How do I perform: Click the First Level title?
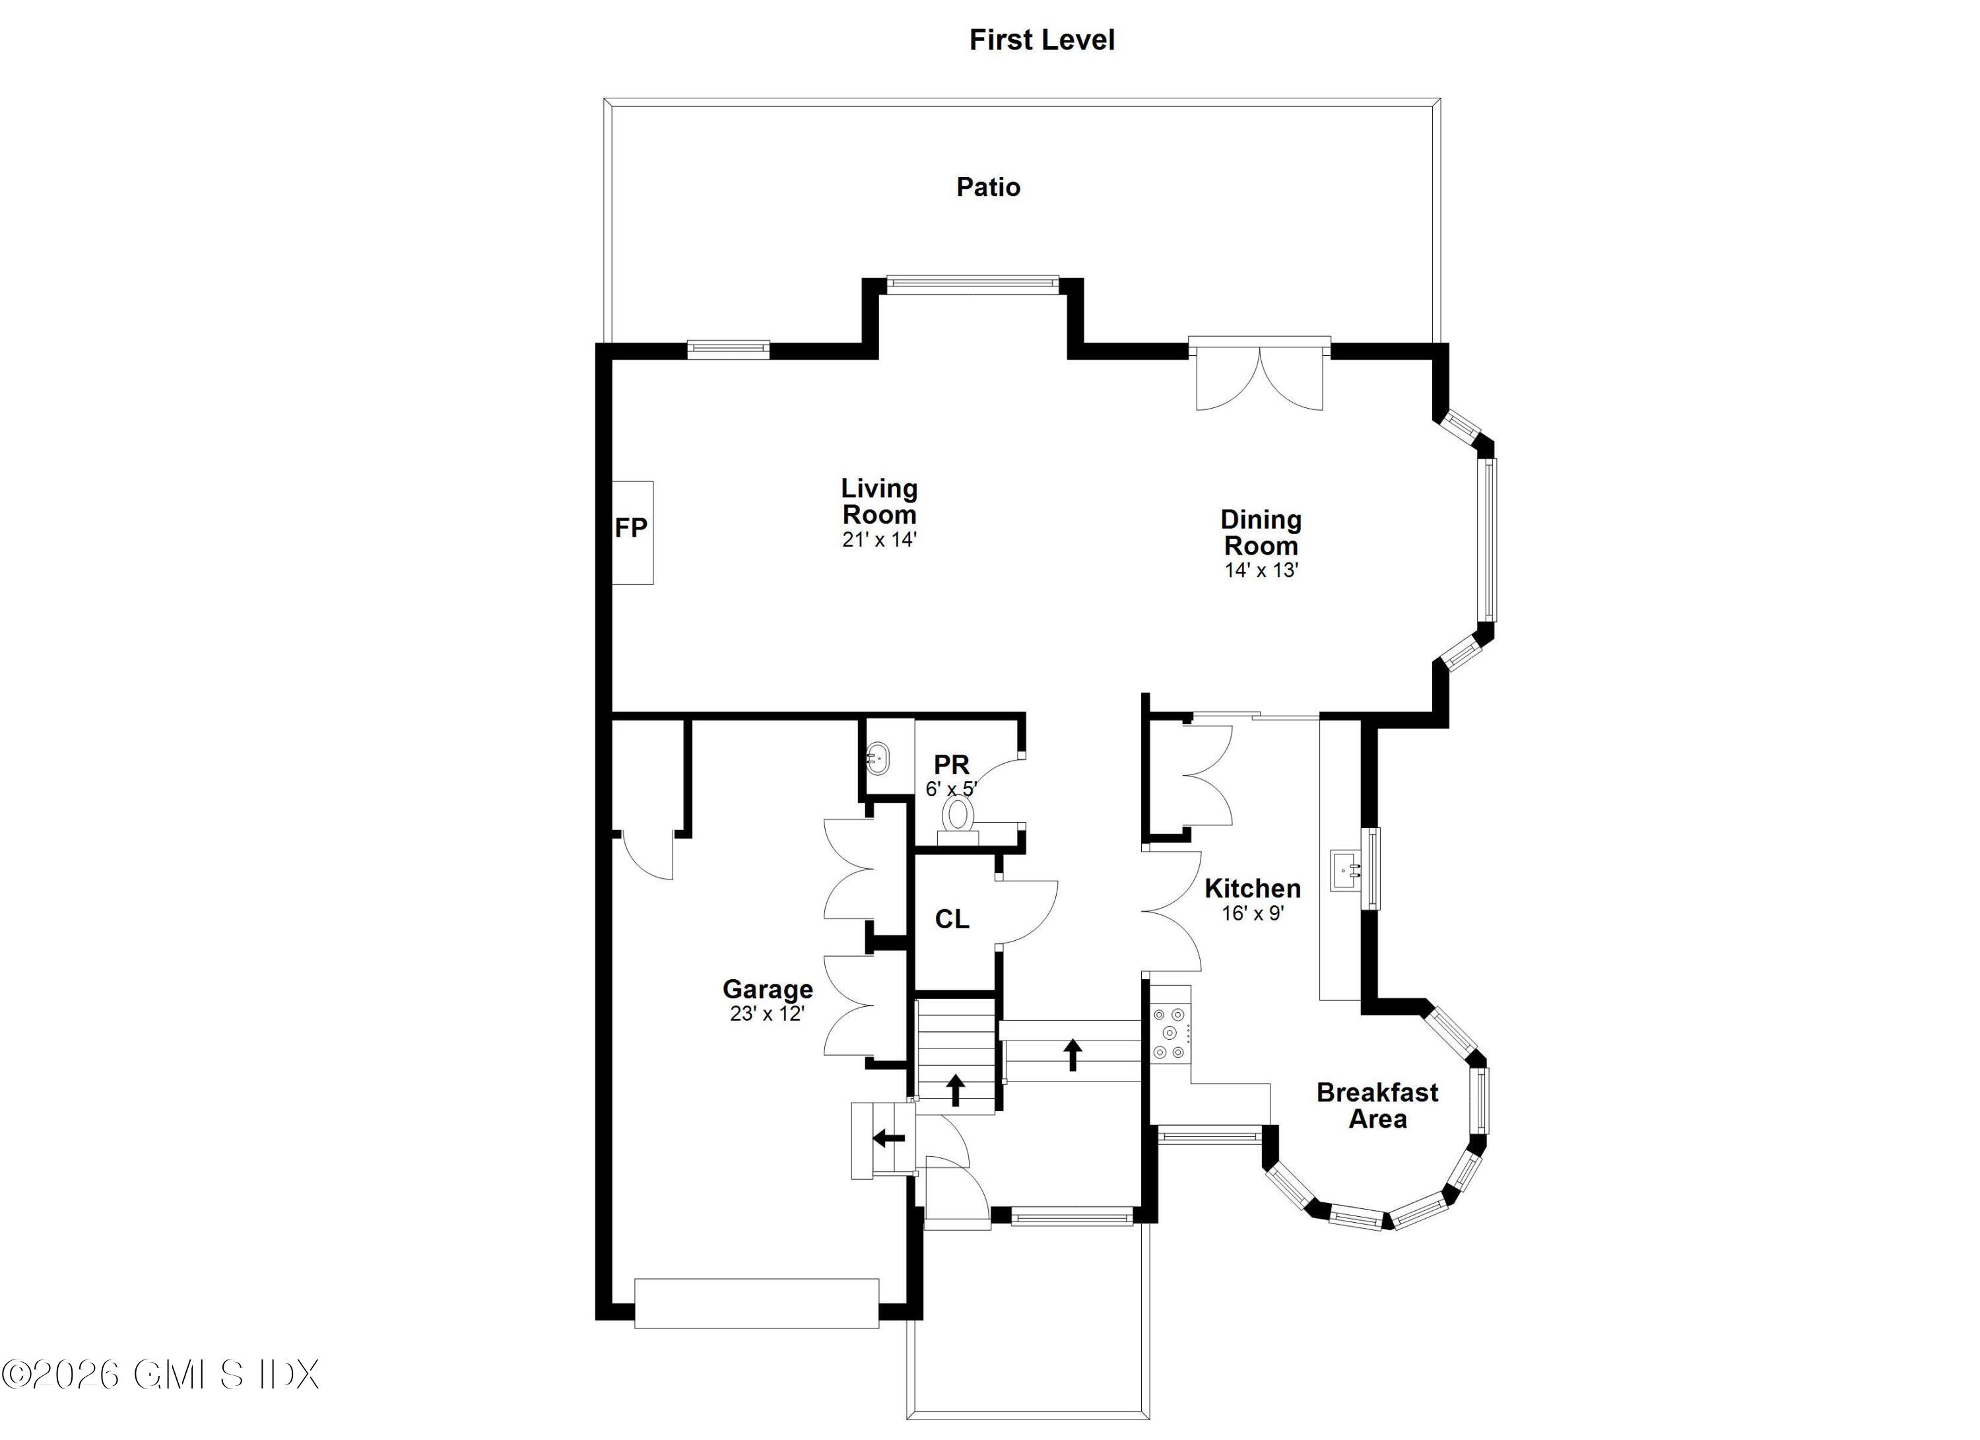click(x=1041, y=40)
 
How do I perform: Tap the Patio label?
click(x=988, y=187)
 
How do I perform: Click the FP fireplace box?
click(x=631, y=531)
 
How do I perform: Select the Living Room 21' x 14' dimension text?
click(x=879, y=539)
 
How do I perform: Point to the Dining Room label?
click(x=1261, y=533)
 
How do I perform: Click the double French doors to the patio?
click(x=1259, y=377)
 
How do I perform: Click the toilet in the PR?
click(x=958, y=815)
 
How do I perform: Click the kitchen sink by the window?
click(x=1347, y=870)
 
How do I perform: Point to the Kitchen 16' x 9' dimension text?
click(x=1253, y=913)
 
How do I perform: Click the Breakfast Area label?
click(x=1377, y=1105)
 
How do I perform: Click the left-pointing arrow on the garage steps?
click(x=889, y=1138)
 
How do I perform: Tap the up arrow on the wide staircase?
click(x=1072, y=1054)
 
